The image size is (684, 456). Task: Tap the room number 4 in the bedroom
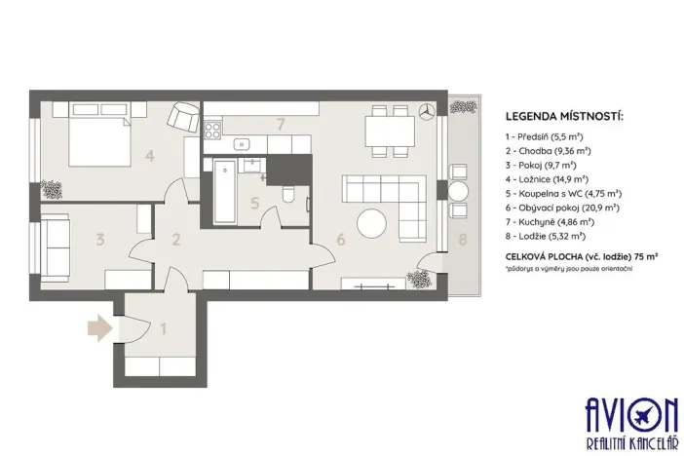click(x=149, y=154)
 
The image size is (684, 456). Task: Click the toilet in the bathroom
click(x=287, y=198)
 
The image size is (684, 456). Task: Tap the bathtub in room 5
click(x=223, y=190)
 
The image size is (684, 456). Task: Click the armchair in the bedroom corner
click(x=181, y=117)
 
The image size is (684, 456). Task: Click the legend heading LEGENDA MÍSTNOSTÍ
click(x=562, y=118)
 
